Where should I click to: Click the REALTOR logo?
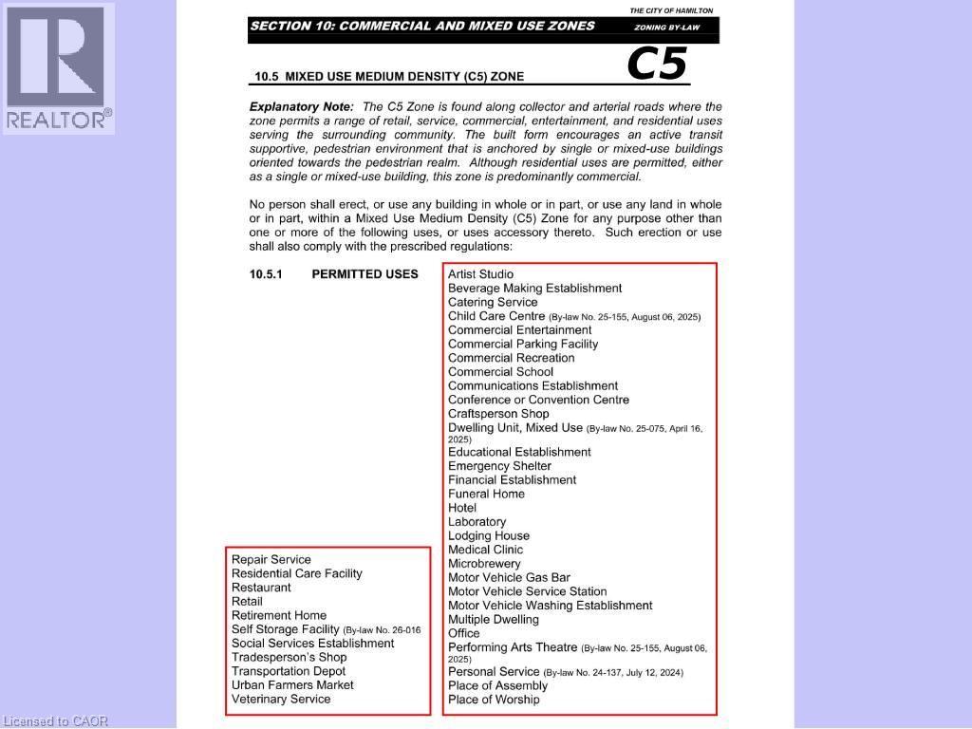tap(58, 67)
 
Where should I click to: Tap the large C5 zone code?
tap(656, 65)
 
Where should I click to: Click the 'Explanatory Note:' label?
tap(301, 107)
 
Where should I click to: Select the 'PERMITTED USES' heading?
tap(364, 274)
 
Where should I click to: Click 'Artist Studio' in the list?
tap(480, 274)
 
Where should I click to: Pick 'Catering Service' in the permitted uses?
tap(493, 302)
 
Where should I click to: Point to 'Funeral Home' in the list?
tap(486, 494)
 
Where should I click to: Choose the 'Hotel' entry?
tap(462, 508)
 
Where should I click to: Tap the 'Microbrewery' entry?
tap(484, 563)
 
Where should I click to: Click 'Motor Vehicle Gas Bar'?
tap(509, 577)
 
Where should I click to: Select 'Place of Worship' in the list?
tap(494, 700)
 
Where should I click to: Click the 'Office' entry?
tap(464, 633)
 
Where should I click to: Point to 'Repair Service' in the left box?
tap(271, 559)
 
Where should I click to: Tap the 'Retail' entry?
tap(247, 601)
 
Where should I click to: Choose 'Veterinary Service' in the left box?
tap(281, 699)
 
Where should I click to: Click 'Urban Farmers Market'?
tap(292, 684)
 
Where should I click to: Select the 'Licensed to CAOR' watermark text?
tap(55, 721)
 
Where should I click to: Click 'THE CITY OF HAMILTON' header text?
tap(671, 10)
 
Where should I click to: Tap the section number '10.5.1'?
tap(268, 274)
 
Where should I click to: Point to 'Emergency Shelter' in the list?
tap(499, 466)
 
